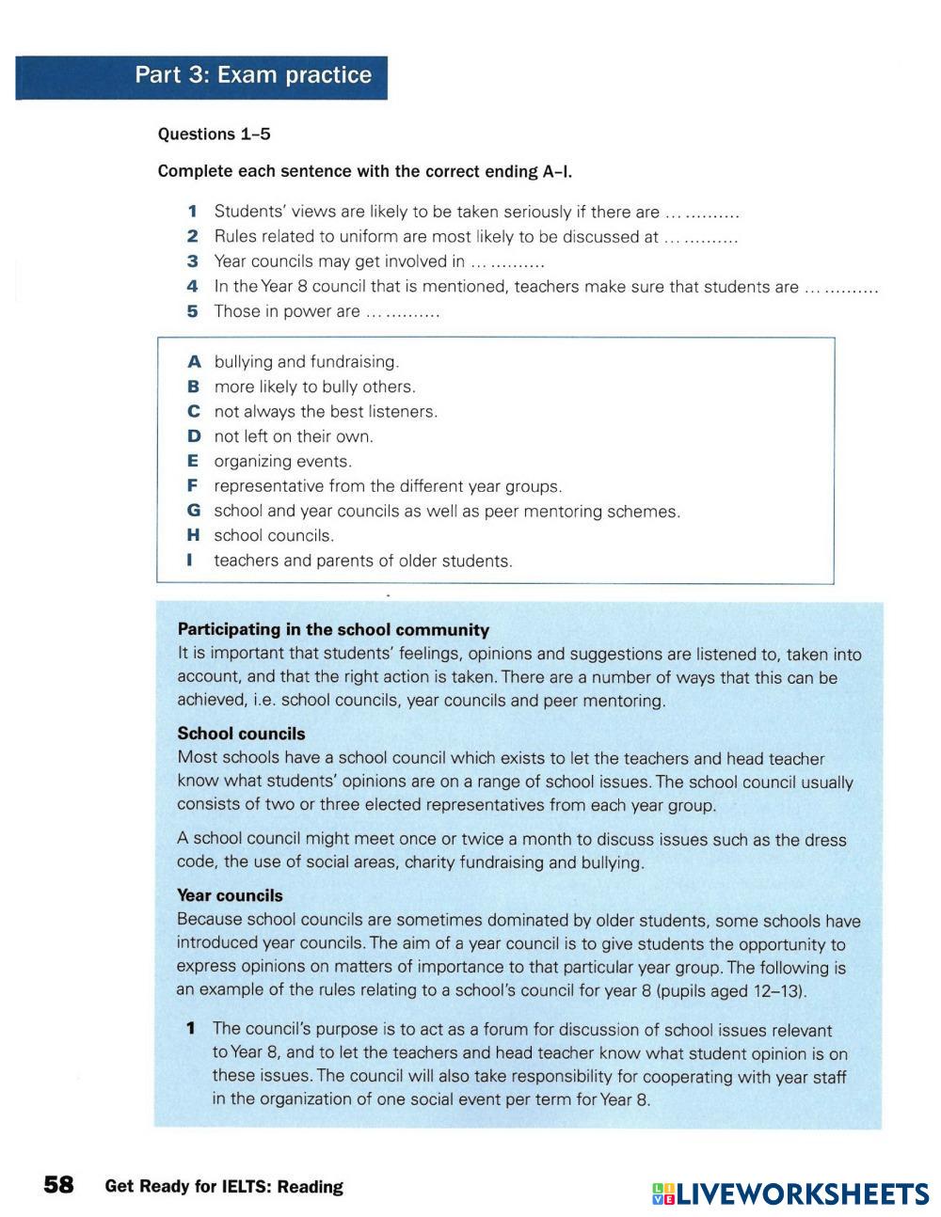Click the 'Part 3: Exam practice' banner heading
252,75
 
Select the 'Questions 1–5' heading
214,134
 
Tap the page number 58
58,1185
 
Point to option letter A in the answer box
194,361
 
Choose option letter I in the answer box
191,561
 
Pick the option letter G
194,511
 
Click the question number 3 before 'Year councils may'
192,261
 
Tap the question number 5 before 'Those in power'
192,311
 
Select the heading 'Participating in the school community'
333,630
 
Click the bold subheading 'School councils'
241,734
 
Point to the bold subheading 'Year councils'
230,895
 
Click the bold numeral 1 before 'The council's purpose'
191,1029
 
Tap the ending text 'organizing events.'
282,461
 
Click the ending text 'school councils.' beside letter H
274,535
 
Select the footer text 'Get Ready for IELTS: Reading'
224,1187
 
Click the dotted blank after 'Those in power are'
403,312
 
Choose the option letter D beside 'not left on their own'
194,436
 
